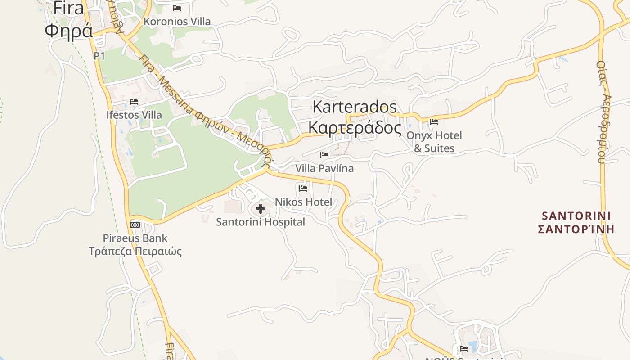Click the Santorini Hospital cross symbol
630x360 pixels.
260,209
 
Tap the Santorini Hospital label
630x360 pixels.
261,222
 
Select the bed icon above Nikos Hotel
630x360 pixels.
303,189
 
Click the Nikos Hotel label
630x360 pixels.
303,202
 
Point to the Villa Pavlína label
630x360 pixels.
324,168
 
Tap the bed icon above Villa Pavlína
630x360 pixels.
324,155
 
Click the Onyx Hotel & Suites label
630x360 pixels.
434,142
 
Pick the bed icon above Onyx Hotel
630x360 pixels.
434,121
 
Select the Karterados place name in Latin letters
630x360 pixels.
355,107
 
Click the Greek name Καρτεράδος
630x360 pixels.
355,128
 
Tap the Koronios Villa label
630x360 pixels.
177,21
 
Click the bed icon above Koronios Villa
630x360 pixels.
177,8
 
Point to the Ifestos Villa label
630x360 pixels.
134,115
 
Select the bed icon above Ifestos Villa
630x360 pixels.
134,102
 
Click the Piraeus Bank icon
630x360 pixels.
135,225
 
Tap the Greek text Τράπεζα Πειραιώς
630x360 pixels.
135,251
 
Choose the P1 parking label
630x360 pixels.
99,56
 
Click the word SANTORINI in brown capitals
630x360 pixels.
576,216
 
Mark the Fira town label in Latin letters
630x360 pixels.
69,8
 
